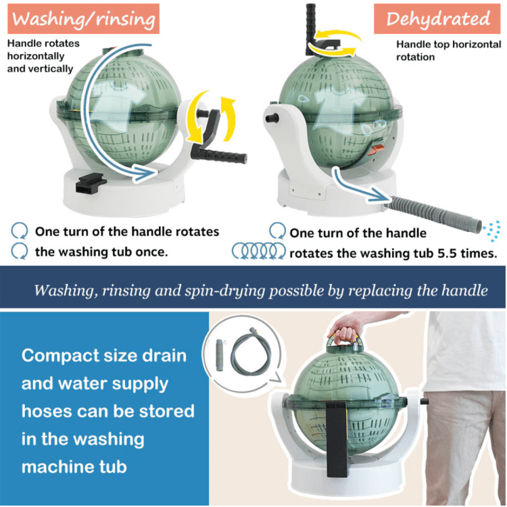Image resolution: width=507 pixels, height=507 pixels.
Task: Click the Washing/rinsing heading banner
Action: (x=83, y=19)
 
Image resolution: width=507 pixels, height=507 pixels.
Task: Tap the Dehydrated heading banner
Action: (x=437, y=19)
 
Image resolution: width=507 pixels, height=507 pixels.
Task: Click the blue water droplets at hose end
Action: (x=492, y=231)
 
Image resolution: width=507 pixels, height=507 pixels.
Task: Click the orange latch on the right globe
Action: (x=377, y=149)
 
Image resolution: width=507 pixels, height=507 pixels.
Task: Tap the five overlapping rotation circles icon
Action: (x=259, y=251)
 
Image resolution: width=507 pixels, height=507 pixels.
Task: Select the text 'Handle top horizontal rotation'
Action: (x=449, y=51)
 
